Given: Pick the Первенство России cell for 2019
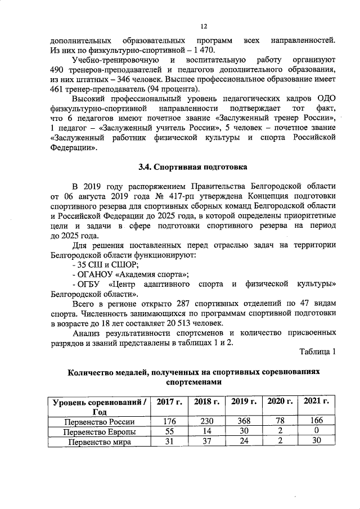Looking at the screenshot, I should coord(243,421).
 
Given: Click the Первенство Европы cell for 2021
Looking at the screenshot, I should coord(316,431).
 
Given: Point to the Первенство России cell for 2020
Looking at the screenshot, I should coord(280,421).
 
